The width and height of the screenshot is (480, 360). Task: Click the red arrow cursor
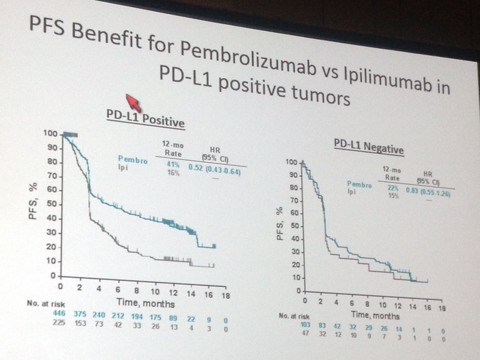pos(133,103)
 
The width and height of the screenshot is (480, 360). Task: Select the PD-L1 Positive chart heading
pos(145,120)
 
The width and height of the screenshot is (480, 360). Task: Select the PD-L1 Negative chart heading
pos(369,148)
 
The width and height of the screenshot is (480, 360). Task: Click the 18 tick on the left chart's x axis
pos(226,296)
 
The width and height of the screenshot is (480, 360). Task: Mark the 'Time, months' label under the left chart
pos(146,302)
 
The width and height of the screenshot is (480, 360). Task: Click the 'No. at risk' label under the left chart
pos(46,303)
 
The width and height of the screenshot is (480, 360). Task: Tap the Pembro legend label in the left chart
pos(132,159)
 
